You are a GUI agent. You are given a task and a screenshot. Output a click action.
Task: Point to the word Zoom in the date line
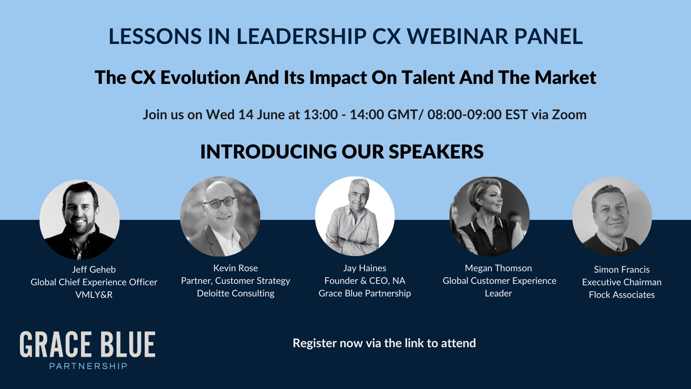[569, 115]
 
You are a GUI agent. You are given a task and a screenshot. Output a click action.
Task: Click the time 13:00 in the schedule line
[321, 115]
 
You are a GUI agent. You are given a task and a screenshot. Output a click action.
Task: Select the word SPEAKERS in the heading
[436, 152]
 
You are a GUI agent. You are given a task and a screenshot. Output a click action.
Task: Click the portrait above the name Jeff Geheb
[79, 220]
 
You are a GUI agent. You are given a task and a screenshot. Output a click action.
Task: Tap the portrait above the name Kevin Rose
[220, 216]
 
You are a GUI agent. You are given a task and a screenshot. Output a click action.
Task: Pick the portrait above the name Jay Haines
[355, 216]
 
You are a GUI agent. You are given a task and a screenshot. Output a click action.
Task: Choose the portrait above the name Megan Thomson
[489, 216]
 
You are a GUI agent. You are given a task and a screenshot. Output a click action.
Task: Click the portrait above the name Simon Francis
[612, 217]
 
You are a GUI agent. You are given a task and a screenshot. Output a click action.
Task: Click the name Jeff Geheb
[94, 269]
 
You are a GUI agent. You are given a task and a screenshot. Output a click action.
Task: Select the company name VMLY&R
[94, 295]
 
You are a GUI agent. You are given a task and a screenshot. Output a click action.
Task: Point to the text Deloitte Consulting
[236, 293]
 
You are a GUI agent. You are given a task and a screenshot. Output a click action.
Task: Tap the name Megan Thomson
[498, 268]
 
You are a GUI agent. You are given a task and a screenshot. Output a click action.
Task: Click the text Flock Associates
[622, 295]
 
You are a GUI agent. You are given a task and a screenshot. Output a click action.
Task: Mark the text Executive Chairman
[622, 282]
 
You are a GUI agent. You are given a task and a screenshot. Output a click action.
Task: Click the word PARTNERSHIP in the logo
[88, 366]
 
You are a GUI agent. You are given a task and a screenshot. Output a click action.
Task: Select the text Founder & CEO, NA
[365, 281]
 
